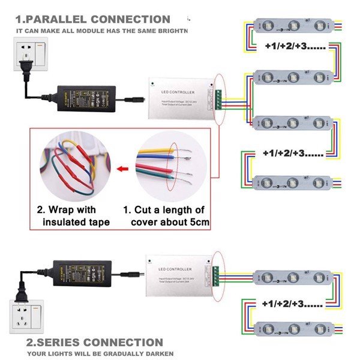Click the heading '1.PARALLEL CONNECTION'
[93, 19]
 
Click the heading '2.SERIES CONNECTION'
[94, 343]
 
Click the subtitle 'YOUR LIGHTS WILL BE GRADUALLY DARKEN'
[94, 353]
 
